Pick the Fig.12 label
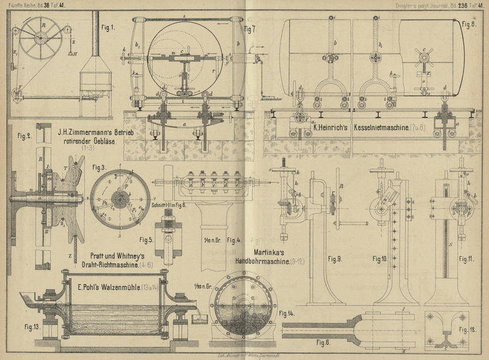tap(468, 331)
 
